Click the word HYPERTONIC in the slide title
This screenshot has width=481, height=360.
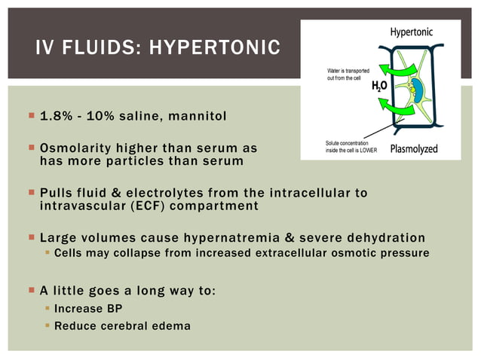[x=215, y=50]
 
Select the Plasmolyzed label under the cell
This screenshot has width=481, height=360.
[x=414, y=148]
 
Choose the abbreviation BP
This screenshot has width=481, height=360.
[x=112, y=310]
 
